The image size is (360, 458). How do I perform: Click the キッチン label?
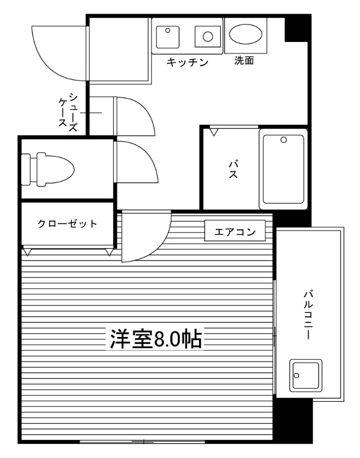(187, 62)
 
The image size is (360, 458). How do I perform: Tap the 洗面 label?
(244, 61)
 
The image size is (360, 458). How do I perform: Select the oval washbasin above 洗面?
(245, 34)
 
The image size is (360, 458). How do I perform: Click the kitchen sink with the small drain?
(168, 37)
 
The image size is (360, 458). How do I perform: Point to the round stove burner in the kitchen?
(208, 37)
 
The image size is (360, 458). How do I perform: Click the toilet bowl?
(56, 169)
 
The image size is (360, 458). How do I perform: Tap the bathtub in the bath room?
(283, 169)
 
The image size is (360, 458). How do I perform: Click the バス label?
(233, 170)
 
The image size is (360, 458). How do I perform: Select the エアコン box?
(235, 231)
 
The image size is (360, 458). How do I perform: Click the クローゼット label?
(67, 224)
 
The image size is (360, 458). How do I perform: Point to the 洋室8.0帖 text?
(156, 339)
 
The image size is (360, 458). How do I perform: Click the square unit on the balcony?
(305, 375)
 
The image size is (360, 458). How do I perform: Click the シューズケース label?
(68, 112)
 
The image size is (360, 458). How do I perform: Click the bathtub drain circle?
(284, 140)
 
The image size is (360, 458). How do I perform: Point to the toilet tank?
(26, 169)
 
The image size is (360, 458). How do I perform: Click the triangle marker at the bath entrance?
(214, 132)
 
